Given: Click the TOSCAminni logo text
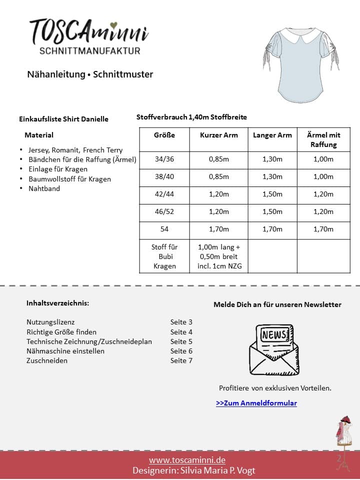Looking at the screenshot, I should coord(89,31).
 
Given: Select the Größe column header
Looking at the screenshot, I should coord(164,135).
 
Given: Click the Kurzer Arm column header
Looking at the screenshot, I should coord(218,135).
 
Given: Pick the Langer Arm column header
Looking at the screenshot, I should coord(272,135).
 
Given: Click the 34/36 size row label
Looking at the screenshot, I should coord(164,159).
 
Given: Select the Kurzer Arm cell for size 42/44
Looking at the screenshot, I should coord(218,194).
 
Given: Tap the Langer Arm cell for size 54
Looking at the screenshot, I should coord(272,229).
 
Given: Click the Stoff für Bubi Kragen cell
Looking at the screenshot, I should coord(164,256).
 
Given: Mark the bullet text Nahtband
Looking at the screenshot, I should coord(44,188).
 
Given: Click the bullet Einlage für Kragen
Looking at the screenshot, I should coord(58,169).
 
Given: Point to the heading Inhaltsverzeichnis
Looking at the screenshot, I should coord(58,303).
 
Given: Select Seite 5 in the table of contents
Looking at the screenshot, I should coord(181,341).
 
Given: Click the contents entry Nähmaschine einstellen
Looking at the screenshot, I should coord(65,351).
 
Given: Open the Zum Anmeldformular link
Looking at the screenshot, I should coord(256,403).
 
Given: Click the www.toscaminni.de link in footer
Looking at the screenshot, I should coord(187,460).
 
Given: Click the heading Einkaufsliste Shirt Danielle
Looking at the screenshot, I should coord(63,119).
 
